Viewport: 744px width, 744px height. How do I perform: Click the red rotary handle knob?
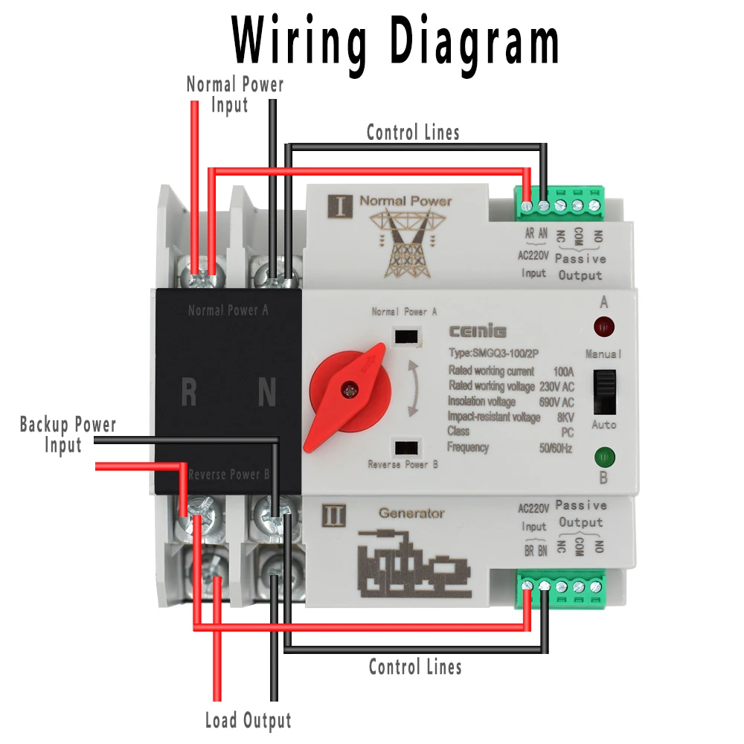coord(348,390)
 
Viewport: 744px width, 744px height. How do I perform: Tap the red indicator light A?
coord(603,326)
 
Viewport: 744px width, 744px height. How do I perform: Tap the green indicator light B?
coord(603,455)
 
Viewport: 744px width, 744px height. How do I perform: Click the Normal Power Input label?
coord(234,94)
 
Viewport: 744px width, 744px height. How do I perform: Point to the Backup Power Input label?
coord(68,434)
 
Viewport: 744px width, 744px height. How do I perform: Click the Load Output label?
coord(248,720)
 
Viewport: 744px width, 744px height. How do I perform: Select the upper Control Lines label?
coord(413,132)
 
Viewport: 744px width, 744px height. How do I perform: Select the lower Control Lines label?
coord(415,666)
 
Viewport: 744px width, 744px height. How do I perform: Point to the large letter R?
coord(189,393)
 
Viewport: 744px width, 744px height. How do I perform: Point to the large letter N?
coord(266,393)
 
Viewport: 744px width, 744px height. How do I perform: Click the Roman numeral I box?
coord(339,205)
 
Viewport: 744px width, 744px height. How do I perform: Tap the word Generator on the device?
coord(411,513)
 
